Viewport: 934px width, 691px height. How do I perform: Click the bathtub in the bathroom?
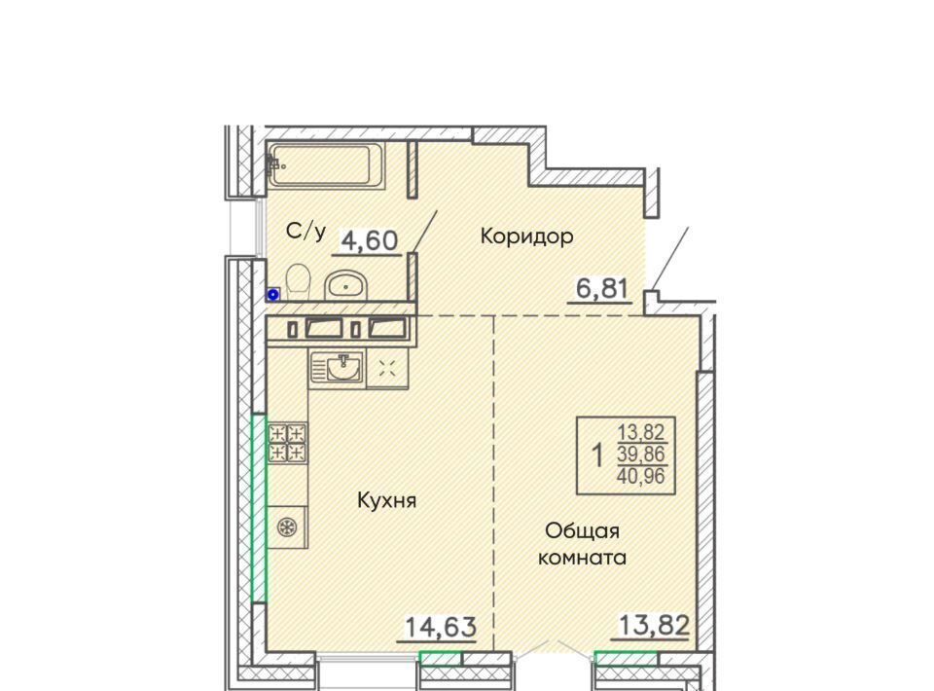[326, 165]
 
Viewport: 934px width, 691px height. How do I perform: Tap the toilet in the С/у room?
[298, 281]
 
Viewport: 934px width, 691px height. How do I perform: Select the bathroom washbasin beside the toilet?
[345, 285]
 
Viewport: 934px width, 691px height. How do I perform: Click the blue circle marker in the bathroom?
[273, 294]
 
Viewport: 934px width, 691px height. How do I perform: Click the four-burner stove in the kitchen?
[288, 443]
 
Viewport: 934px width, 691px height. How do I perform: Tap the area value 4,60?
[369, 240]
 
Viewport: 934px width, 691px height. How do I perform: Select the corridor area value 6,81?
[601, 289]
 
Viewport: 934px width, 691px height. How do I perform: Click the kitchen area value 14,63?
[441, 627]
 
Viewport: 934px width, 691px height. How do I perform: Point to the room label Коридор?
[526, 236]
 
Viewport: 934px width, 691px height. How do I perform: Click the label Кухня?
[386, 500]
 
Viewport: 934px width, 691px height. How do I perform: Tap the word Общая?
[582, 530]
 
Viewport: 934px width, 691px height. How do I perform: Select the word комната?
[582, 558]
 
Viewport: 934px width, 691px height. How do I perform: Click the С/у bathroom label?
[305, 231]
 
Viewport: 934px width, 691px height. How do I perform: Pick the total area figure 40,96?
[640, 476]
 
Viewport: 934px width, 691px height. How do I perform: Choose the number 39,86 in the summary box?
[640, 454]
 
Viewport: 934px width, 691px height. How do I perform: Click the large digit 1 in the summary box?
[596, 455]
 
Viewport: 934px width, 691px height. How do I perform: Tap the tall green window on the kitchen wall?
[259, 508]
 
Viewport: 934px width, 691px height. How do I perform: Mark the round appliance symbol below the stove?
[287, 527]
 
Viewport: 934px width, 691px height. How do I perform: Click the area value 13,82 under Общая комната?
[655, 626]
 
